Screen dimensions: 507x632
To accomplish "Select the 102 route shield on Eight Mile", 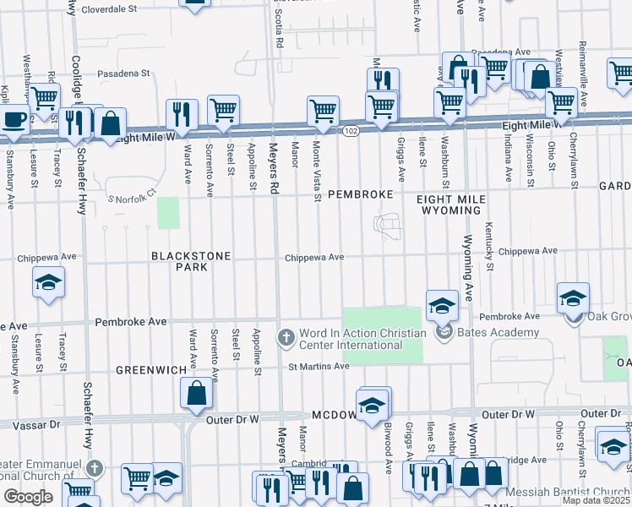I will [351, 129].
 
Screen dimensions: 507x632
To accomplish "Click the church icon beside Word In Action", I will [286, 337].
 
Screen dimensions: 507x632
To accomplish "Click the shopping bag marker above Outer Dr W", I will [196, 393].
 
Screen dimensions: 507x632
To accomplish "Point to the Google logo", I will [27, 497].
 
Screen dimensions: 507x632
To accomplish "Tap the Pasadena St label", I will [122, 74].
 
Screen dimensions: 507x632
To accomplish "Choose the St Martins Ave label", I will [319, 366].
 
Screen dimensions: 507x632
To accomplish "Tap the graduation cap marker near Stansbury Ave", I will [49, 281].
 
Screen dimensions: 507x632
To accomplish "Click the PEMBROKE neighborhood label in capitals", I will [360, 194].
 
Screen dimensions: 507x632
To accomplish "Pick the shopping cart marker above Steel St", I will [223, 110].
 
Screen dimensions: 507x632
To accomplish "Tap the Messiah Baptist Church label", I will [568, 493].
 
